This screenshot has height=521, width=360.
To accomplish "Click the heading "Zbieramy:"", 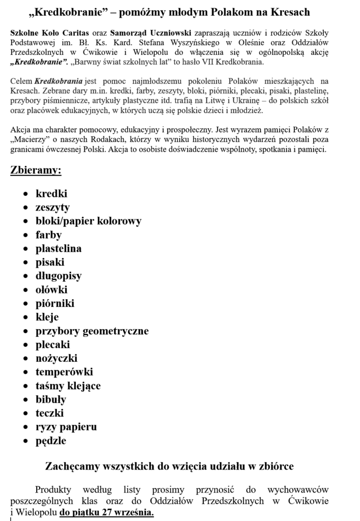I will tap(36, 170).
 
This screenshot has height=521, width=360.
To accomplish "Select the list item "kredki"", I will tap(51, 194).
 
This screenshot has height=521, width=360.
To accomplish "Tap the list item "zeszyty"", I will tap(52, 208).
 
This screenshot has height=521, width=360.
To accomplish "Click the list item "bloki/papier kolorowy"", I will tap(88, 221).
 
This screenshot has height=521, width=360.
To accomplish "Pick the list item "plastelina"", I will tap(58, 249).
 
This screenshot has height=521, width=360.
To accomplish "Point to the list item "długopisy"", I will tap(58, 276).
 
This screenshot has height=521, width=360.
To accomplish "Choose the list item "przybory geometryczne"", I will tap(92, 331).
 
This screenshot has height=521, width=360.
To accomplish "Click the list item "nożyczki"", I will tap(56, 359).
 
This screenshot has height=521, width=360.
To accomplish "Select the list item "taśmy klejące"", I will tap(68, 386).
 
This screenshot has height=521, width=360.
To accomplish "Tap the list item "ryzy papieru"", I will tap(66, 427).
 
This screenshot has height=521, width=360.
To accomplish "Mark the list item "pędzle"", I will tap(51, 441).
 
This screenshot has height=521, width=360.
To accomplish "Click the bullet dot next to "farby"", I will tap(26, 236).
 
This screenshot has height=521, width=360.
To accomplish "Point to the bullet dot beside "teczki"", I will tap(26, 414).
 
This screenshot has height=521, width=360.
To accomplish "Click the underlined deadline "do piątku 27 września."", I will tap(107, 512).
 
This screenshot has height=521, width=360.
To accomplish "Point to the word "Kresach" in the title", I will tap(288, 12).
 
